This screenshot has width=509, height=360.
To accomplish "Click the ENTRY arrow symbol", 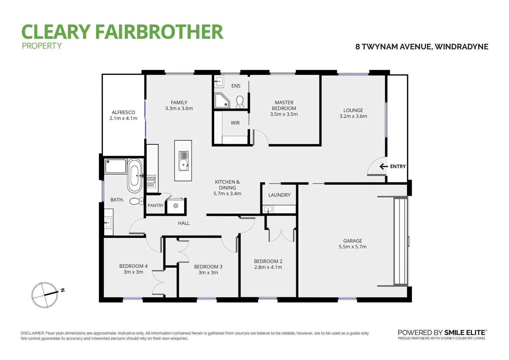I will pos(384,166).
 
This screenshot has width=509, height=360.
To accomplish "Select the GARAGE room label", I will pos(352,241).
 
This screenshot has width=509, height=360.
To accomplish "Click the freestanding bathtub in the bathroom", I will pos(134,175).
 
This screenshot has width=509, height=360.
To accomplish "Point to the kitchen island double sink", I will pos(183,161).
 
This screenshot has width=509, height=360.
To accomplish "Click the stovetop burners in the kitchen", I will pos(151,182).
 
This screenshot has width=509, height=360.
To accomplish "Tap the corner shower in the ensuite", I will pos(222,101).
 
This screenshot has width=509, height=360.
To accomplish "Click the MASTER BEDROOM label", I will pos(284,105).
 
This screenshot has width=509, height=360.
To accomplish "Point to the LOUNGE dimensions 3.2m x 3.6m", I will pos(353,116).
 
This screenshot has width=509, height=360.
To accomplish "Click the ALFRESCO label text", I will pos(123,112).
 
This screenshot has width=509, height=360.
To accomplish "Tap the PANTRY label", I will pos(156,206).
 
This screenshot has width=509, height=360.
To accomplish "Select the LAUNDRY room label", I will pos(279,195).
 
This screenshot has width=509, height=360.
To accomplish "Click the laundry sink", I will pos(268,209).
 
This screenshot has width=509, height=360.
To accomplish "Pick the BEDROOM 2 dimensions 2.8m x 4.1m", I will pos(268,267).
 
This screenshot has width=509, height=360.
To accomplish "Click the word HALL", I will pos(184,223).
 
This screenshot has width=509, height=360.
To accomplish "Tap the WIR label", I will pos(235,123).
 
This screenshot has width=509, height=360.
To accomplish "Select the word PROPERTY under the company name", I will pos(42,46).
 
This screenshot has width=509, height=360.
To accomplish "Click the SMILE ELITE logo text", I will pos(465,333).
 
